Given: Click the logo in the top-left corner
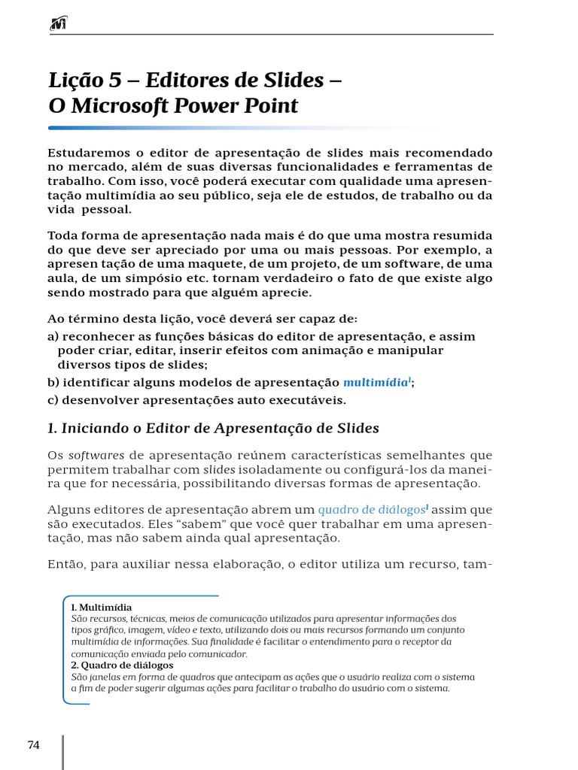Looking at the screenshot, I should coord(57,26).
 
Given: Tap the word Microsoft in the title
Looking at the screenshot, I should coord(117,106).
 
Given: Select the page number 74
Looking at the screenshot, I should coord(33,745).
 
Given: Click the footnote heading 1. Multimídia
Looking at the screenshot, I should coord(102,607).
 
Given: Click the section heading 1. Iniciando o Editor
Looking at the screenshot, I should coord(213,428).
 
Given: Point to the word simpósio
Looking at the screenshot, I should coord(150,278).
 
